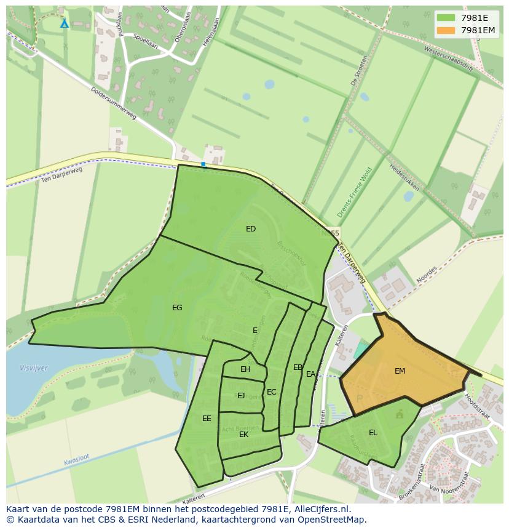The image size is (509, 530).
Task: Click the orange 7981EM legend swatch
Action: coord(446,30)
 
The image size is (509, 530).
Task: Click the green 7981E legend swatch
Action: coord(446,18)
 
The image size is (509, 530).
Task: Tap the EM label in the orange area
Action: coord(400,371)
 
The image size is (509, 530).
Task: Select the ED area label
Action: coord(251,229)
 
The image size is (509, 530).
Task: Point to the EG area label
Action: coord(177,308)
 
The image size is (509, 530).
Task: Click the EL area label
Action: coord(373,433)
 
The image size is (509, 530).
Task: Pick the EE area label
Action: coord(207,419)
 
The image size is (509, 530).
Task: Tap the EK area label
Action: coord(244,435)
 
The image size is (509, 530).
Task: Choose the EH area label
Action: coord(245,369)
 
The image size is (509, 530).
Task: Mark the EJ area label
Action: coord(241,396)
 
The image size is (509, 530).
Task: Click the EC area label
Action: coord(272,392)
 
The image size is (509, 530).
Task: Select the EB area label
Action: coord(298,367)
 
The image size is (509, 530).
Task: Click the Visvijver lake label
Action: coord(33,368)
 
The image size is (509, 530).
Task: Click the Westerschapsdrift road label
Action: coord(449,59)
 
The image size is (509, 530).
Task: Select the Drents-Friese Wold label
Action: coord(355,193)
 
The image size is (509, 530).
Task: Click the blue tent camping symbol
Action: coord(65,23)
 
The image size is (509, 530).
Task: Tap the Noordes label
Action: coord(426,273)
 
